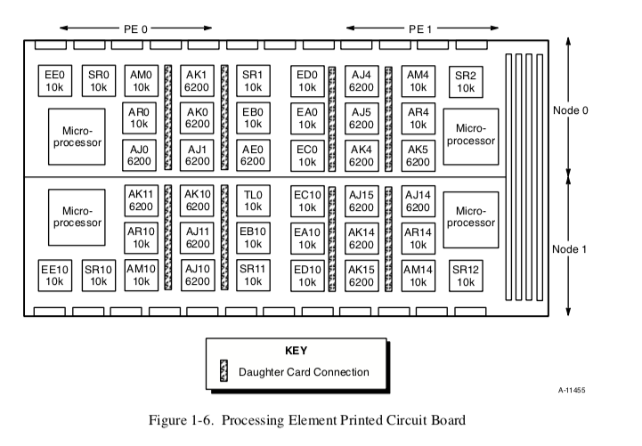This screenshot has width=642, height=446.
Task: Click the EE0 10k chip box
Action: pos(54,80)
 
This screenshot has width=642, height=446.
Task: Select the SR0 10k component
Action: pos(98,80)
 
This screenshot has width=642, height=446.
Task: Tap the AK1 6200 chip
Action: pos(197,80)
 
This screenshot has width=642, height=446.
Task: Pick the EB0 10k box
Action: pos(252,118)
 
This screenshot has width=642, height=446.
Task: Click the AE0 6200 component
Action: pos(252,156)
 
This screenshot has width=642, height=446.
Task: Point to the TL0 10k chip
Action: pos(252,200)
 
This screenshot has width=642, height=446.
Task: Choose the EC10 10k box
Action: pos(306,200)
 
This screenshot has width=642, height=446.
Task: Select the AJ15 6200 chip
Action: pos(361,200)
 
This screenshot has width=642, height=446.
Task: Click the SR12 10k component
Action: pos(464,276)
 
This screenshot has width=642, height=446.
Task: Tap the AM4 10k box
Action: pos(417,80)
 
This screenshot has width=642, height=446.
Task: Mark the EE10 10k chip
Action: pos(54,276)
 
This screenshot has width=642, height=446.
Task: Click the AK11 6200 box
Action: pos(141,200)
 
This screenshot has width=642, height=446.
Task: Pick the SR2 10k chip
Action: pos(464,80)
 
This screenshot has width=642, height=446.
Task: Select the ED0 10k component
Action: pos(306,80)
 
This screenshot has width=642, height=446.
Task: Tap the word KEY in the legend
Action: pos(296,351)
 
